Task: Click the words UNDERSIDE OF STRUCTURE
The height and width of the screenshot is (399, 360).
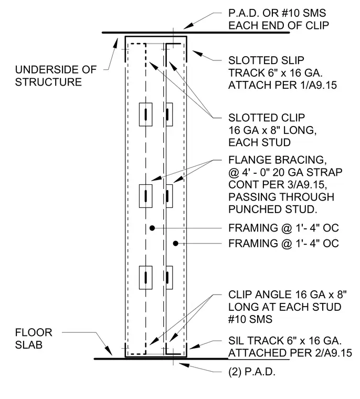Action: click(x=56, y=76)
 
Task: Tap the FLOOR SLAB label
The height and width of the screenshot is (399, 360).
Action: click(x=34, y=339)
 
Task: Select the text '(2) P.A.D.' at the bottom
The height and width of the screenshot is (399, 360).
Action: click(x=252, y=372)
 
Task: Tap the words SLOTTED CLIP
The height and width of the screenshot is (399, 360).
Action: click(x=267, y=118)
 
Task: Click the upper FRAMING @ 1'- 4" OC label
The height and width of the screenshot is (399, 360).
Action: click(x=284, y=228)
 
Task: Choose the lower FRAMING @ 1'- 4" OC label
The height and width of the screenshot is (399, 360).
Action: click(x=284, y=244)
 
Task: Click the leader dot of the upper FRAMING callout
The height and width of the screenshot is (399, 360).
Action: click(x=152, y=228)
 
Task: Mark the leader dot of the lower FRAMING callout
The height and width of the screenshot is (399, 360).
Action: click(x=176, y=244)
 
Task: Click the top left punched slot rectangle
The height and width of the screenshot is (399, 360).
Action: click(x=146, y=114)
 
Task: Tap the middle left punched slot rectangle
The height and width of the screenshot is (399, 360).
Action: click(x=146, y=196)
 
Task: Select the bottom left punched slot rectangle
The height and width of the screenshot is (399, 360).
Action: click(x=146, y=278)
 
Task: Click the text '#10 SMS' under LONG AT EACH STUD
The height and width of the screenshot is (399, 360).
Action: click(x=250, y=319)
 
